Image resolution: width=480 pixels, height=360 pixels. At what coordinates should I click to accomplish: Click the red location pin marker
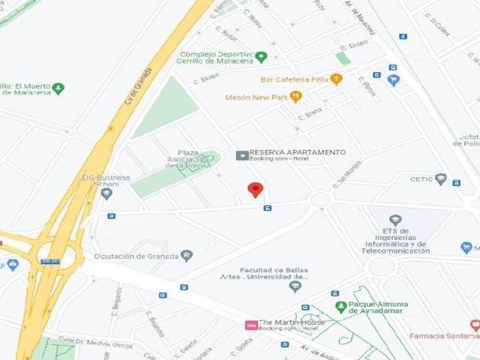coord(256,189)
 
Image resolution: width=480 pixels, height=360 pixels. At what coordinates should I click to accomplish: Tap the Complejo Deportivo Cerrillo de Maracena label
coord(216,57)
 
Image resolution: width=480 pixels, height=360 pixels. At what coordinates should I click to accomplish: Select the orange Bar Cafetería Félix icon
coord(336,79)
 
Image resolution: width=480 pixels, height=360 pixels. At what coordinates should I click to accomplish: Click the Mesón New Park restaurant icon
coord(295,97)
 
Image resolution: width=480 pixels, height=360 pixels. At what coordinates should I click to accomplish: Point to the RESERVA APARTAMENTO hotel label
coord(297,152)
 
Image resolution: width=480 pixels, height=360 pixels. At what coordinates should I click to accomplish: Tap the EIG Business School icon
coord(106,193)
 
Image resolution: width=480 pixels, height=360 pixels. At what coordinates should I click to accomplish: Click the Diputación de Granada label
coord(136,256)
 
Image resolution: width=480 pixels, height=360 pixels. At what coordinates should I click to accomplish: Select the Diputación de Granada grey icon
coord(187,255)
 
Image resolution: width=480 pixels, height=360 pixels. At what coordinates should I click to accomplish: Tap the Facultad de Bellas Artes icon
coord(295,286)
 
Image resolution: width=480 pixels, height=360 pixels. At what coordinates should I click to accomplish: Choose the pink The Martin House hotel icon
coord(252,325)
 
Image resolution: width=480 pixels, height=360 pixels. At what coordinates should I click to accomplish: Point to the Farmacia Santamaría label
coord(442,335)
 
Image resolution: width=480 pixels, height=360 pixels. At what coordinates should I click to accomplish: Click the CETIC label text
coord(421,179)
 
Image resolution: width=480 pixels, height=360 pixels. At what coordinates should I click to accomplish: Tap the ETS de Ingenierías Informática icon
coord(395,220)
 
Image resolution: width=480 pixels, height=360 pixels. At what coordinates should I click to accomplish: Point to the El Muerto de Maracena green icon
coord(58,88)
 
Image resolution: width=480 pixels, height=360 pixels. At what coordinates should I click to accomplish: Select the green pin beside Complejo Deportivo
coord(261,56)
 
